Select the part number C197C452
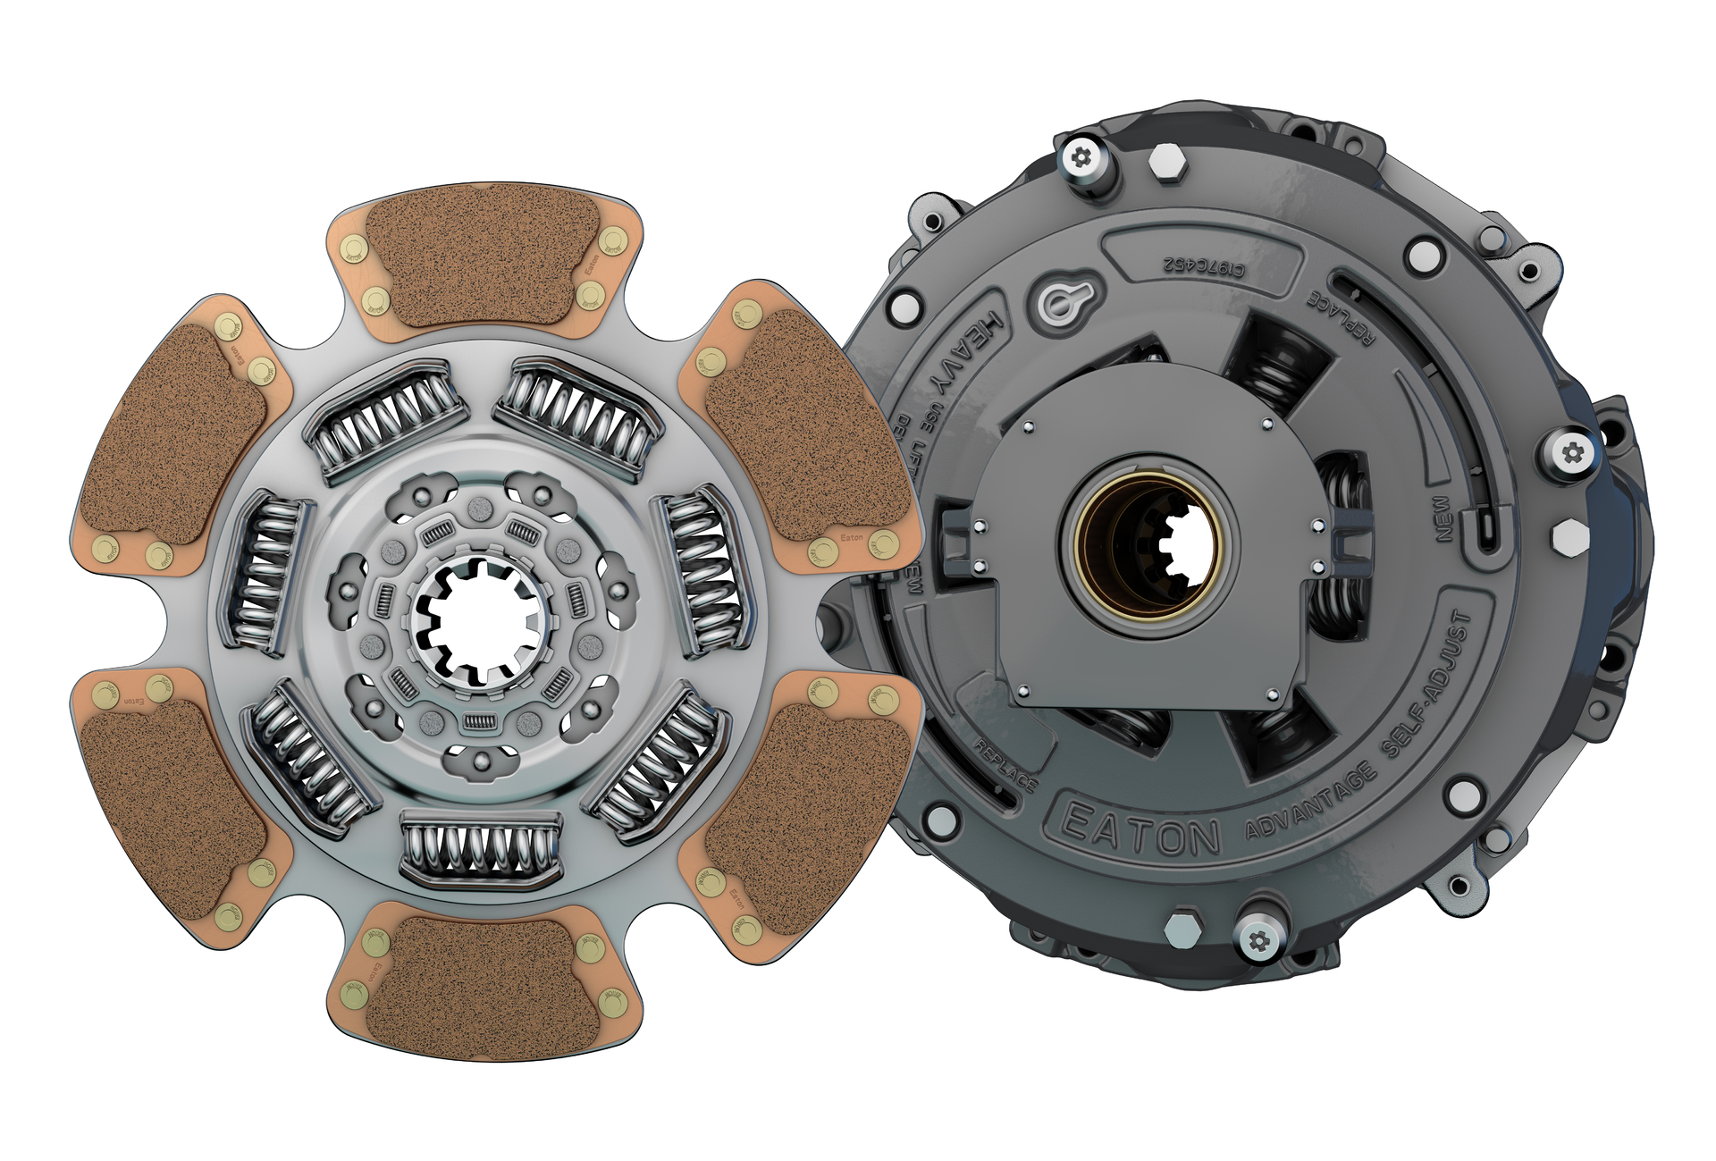(1203, 265)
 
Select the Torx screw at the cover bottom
(1258, 941)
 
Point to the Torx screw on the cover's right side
(1573, 453)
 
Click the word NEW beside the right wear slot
(1443, 518)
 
